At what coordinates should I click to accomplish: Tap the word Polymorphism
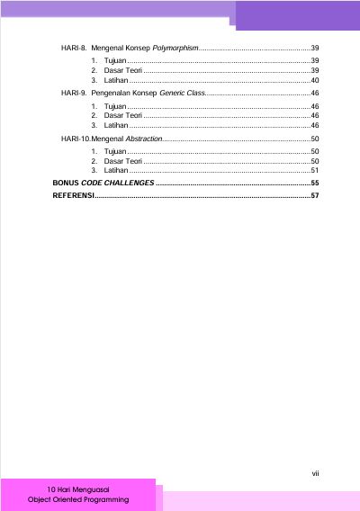click(x=175, y=46)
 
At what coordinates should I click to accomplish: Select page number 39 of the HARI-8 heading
click(x=315, y=46)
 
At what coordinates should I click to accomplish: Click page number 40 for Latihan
click(x=315, y=81)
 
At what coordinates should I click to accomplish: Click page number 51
click(x=315, y=170)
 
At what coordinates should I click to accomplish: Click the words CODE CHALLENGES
click(x=117, y=183)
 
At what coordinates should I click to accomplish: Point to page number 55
click(x=315, y=183)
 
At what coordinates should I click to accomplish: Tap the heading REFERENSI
click(x=73, y=194)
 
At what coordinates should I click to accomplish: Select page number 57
click(x=315, y=194)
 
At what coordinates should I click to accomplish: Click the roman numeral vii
click(x=316, y=471)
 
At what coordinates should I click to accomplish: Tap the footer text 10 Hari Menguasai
click(x=78, y=489)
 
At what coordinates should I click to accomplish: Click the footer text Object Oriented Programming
click(x=78, y=499)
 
